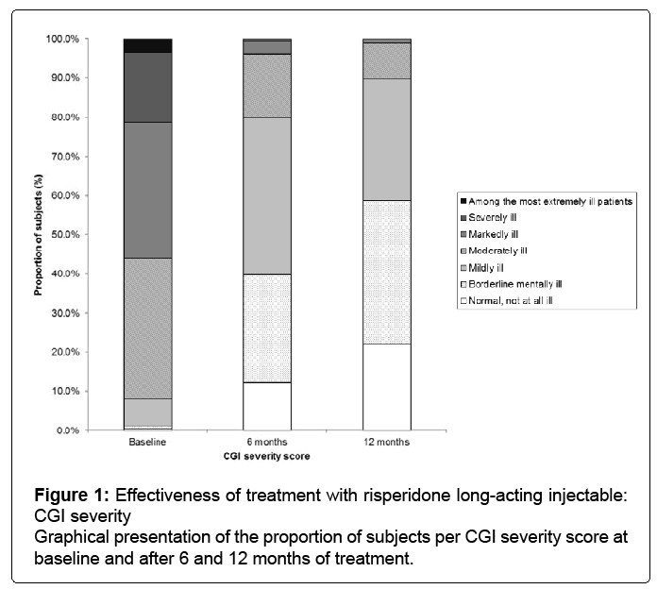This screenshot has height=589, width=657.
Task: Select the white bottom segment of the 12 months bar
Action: pos(387,387)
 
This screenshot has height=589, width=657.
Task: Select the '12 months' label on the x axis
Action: pos(387,443)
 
